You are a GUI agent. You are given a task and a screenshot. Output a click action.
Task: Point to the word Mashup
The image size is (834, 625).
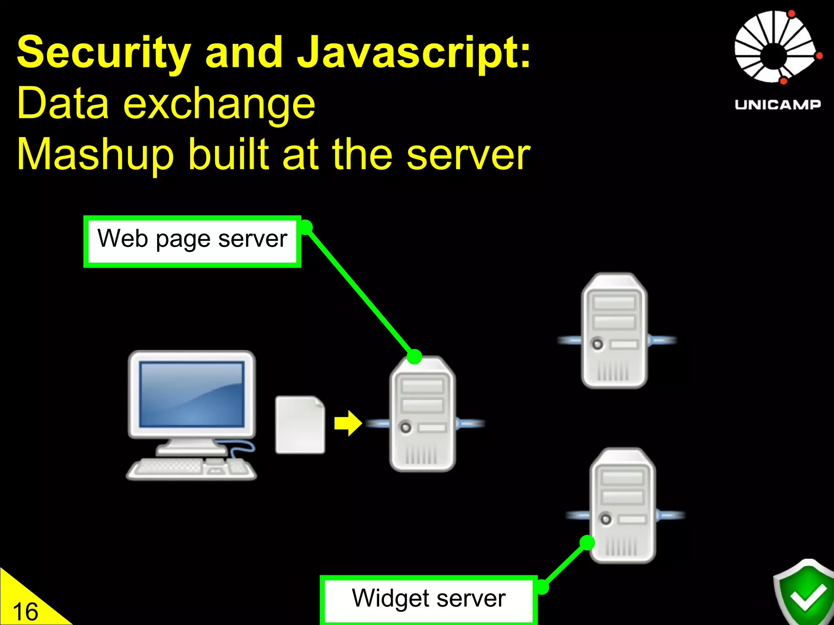click(x=95, y=155)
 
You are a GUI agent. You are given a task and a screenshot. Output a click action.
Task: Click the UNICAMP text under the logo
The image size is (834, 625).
click(x=777, y=105)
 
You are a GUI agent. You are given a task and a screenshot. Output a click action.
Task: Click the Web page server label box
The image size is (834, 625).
click(x=192, y=241)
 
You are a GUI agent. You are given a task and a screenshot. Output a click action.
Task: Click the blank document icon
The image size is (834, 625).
click(x=300, y=425)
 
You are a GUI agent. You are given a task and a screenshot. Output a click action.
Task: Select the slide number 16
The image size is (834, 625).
click(x=25, y=612)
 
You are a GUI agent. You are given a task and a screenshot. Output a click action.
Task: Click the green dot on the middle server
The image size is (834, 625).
click(x=414, y=356)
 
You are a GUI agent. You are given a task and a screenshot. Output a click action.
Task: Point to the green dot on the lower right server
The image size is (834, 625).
click(x=587, y=542)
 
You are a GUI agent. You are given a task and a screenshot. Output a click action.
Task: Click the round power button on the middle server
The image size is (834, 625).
click(x=406, y=427)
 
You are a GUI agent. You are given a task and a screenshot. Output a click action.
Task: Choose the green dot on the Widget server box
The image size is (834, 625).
click(x=542, y=587)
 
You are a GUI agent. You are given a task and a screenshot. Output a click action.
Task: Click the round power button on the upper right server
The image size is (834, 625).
click(x=597, y=344)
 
